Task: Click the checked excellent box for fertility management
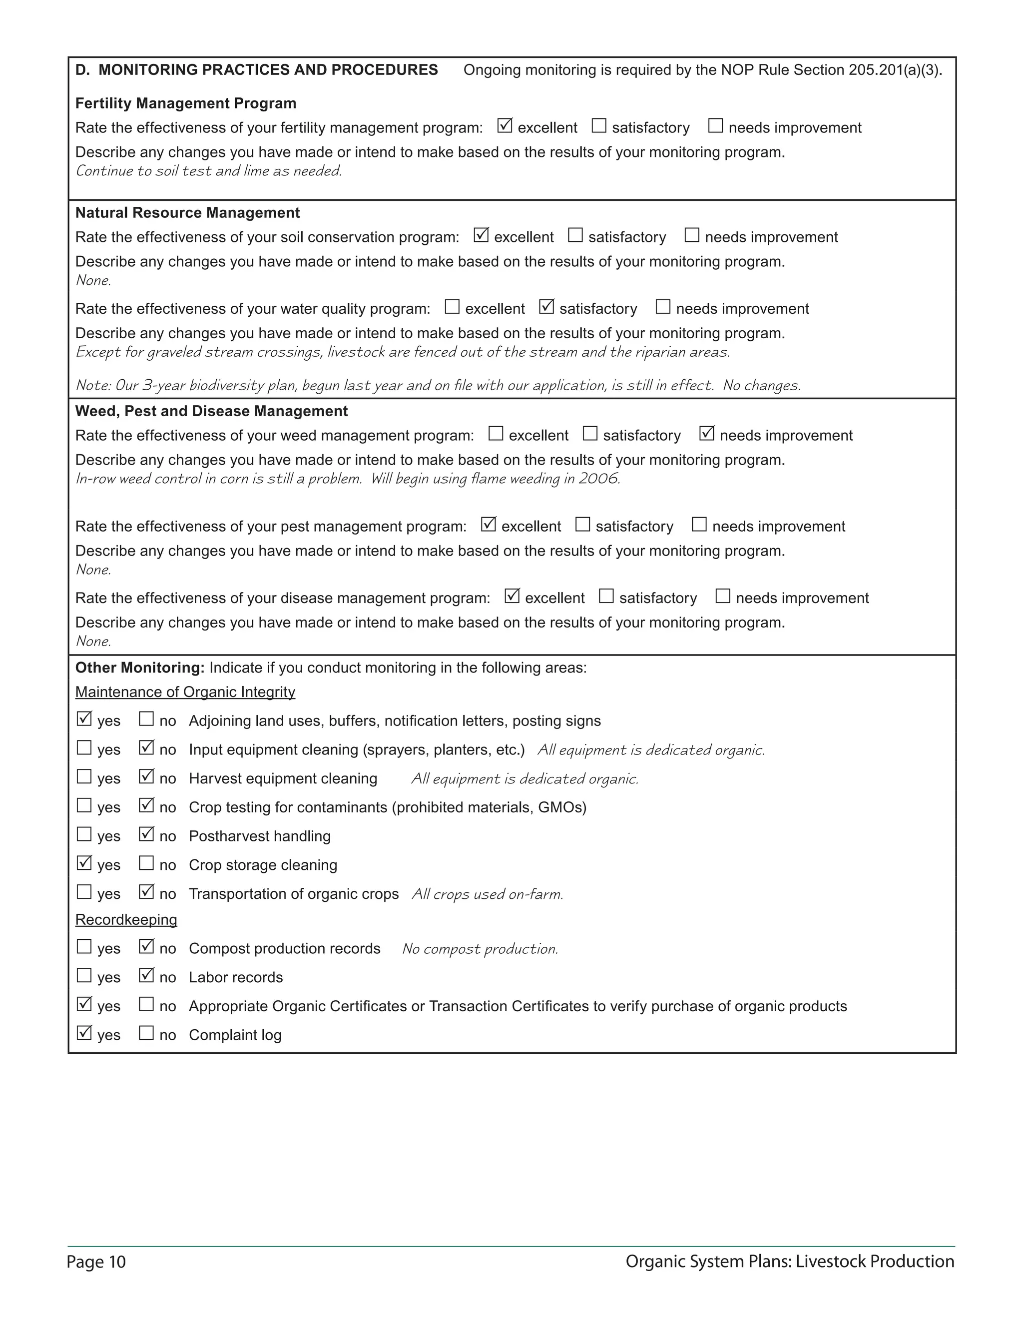pos(504,126)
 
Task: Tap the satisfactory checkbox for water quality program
pos(546,307)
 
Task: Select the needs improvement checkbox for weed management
pos(707,434)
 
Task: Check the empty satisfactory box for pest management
pos(582,525)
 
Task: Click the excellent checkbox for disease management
pos(511,597)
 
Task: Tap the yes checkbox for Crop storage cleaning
pos(84,863)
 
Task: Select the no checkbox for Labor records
pos(146,975)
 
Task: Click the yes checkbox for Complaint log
pos(84,1033)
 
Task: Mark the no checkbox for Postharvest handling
pos(146,835)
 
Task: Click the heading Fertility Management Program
pos(185,103)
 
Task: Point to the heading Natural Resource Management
pos(187,213)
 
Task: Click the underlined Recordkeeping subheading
pos(126,920)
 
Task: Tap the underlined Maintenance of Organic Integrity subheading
pos(185,692)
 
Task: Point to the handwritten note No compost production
pos(480,949)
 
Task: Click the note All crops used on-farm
pos(487,894)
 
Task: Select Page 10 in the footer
pos(96,1262)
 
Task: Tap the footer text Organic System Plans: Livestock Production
pos(789,1262)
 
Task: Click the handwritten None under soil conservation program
pos(93,281)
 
